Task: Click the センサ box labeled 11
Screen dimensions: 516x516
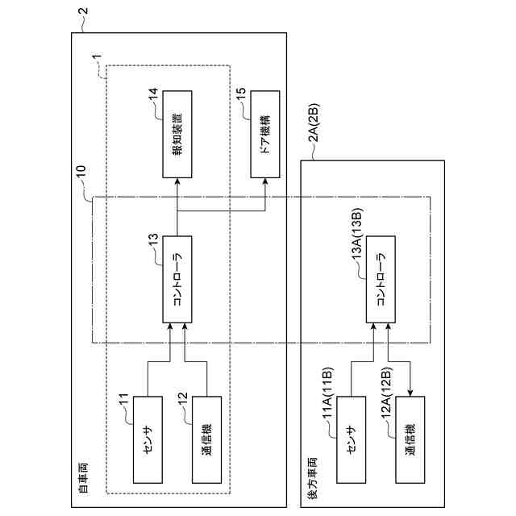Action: click(x=148, y=439)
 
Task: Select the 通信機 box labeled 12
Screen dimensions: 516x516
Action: click(x=206, y=439)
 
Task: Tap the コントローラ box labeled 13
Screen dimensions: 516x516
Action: click(x=177, y=280)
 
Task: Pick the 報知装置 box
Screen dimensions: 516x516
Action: click(x=177, y=135)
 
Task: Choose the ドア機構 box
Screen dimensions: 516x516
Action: click(x=265, y=135)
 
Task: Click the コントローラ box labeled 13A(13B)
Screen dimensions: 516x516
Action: click(x=381, y=280)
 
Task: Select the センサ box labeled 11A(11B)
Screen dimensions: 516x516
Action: click(x=352, y=439)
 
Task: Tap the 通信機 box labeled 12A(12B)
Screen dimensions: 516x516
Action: click(x=410, y=439)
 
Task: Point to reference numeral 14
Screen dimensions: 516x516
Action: click(x=153, y=95)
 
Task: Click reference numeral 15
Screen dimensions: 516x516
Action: click(x=241, y=94)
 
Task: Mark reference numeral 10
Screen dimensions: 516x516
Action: click(x=81, y=172)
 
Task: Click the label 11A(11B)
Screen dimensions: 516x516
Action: click(x=328, y=393)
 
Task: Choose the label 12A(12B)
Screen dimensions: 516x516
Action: click(x=387, y=393)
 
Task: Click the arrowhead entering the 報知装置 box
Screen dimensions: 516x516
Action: click(x=177, y=181)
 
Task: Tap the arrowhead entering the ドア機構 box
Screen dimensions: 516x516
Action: click(x=265, y=181)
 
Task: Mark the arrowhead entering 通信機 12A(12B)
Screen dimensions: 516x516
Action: click(x=410, y=393)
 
